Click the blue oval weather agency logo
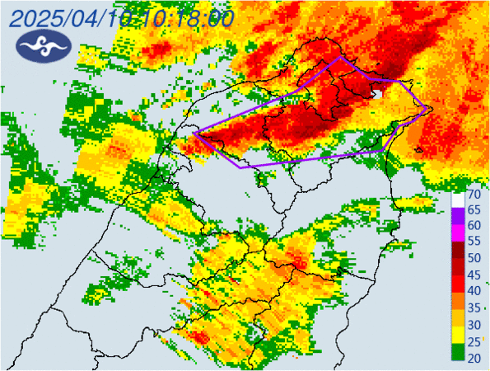(40, 47)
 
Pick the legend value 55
(474, 242)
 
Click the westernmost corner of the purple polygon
(194, 133)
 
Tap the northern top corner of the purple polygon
(341, 58)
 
